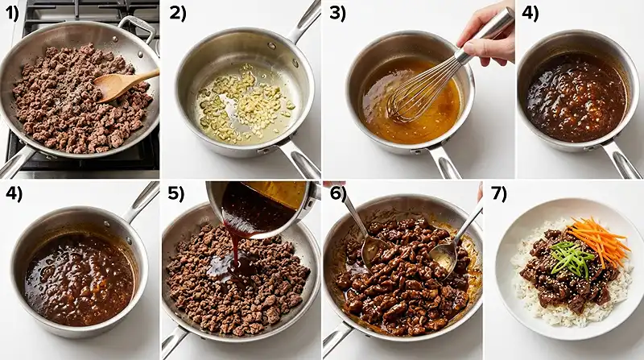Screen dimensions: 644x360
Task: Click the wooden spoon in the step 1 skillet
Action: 123,84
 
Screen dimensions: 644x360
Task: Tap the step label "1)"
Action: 12,14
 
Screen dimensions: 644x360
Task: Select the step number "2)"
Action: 178,14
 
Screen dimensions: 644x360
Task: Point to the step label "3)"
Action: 338,14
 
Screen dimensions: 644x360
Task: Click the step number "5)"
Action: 175,194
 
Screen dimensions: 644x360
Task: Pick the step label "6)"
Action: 338,193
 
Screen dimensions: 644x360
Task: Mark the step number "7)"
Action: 498,194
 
